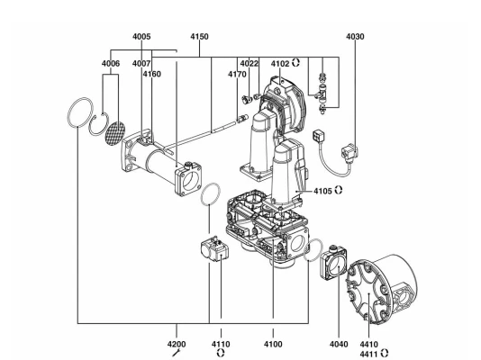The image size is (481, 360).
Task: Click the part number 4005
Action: [x=141, y=37]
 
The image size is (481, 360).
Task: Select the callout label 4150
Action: [x=199, y=37]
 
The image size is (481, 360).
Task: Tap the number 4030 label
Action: [x=355, y=37]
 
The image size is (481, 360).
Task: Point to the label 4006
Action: [x=111, y=63]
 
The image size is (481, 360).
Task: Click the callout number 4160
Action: [x=152, y=74]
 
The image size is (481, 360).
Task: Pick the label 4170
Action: [x=237, y=74]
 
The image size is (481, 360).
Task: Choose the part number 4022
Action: [x=250, y=63]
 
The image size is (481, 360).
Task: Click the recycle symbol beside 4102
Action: [x=295, y=63]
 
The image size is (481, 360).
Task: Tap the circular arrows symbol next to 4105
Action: [x=339, y=190]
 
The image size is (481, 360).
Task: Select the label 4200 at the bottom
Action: [x=177, y=345]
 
